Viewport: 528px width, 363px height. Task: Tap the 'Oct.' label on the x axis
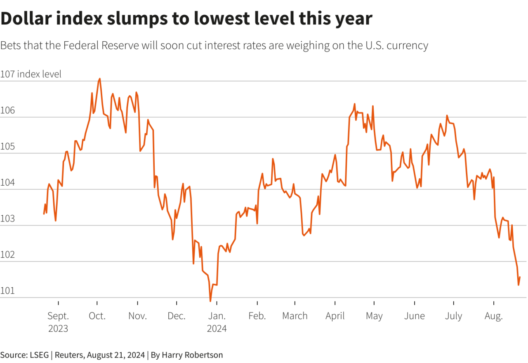point(97,316)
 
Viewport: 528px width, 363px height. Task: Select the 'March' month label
point(295,316)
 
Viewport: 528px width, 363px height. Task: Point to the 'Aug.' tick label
point(493,316)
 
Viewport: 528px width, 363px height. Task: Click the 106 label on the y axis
point(8,110)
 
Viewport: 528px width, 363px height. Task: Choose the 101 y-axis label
point(8,290)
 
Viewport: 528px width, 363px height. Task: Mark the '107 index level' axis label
point(31,74)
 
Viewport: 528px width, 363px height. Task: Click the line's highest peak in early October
point(100,79)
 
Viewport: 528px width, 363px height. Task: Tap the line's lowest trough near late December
point(210,301)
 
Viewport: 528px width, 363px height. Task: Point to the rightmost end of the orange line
point(520,277)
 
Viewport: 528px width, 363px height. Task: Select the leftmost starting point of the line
point(44,214)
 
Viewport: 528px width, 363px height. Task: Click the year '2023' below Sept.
point(58,329)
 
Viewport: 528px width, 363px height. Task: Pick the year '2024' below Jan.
point(217,329)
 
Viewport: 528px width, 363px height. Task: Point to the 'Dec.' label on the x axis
point(177,316)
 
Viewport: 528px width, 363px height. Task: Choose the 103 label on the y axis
point(8,218)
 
